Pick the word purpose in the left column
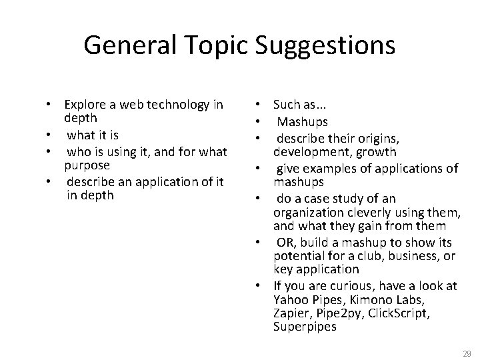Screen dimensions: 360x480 pos(87,164)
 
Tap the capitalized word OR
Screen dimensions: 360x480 pos(285,242)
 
